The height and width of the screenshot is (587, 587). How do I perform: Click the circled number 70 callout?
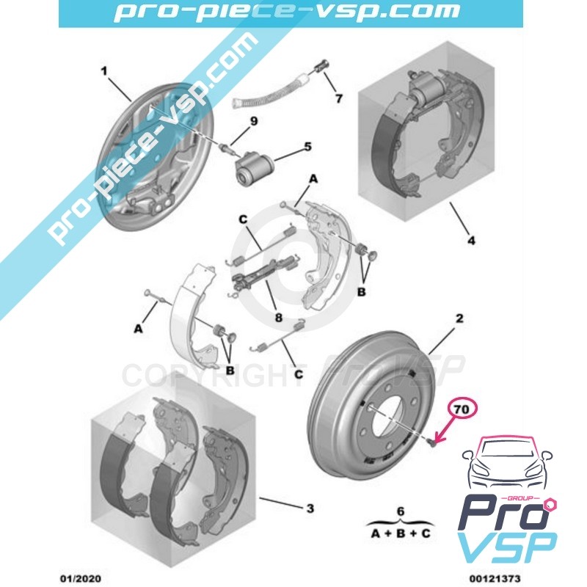(462, 409)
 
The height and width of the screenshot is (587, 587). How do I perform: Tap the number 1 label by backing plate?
(104, 71)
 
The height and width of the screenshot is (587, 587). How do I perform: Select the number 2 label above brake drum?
(459, 318)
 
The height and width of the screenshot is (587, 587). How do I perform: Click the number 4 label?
(471, 240)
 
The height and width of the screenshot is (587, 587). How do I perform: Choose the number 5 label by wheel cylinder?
(307, 146)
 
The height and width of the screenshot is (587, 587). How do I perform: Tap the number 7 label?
(338, 98)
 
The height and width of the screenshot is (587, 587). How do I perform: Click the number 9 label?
(253, 121)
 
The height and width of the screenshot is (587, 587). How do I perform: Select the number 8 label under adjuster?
(279, 318)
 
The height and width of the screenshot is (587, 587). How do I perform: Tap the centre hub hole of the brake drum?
(390, 420)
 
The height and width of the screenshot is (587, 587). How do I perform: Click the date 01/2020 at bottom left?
(80, 579)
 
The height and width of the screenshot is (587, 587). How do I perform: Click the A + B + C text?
(401, 533)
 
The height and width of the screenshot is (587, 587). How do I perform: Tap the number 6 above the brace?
(401, 511)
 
